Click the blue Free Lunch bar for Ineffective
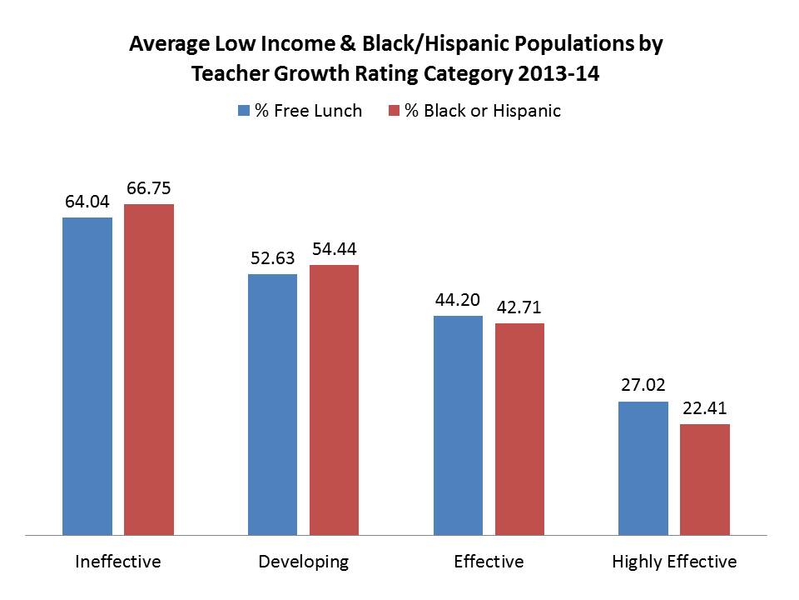pos(87,375)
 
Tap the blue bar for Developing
pos(272,403)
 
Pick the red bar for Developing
pos(334,399)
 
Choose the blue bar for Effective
pos(458,425)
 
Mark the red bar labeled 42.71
pos(519,428)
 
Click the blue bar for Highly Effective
pos(643,467)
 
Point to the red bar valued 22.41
pos(705,479)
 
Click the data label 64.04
pos(88,202)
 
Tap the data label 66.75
pos(150,188)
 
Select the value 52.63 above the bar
pos(273,258)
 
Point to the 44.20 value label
pos(458,300)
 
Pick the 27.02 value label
pos(643,386)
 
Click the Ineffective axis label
pos(117,562)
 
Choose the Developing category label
pos(303,562)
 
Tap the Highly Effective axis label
pos(674,562)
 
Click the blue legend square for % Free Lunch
pos(244,111)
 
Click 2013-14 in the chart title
pos(558,73)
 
